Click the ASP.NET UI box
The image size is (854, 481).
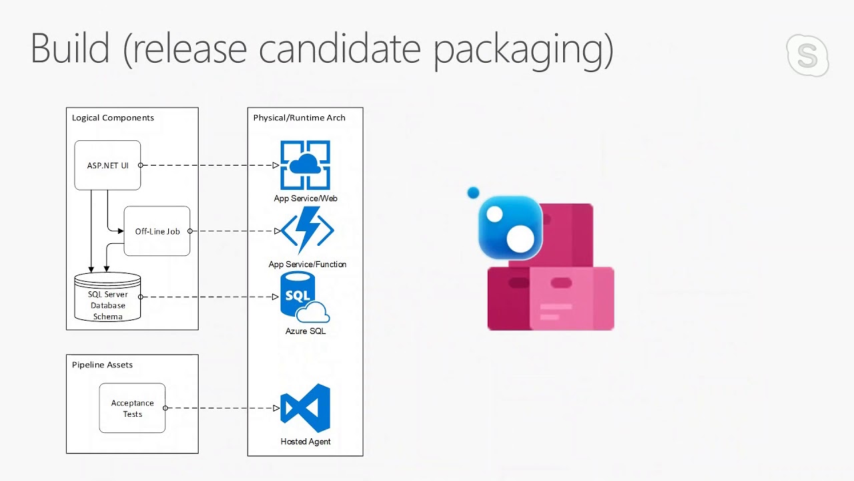point(107,165)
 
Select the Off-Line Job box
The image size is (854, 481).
point(157,231)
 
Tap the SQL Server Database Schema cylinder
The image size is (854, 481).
point(107,298)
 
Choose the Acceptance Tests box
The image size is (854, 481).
point(132,408)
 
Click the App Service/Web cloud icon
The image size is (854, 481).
point(305,165)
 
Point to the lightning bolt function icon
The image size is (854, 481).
point(308,230)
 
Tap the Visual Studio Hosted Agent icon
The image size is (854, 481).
point(305,408)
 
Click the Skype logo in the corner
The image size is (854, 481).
point(807,56)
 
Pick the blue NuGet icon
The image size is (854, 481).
point(510,228)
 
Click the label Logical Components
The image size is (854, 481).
point(113,118)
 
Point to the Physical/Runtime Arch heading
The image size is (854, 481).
point(299,118)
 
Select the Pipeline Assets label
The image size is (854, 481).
point(102,365)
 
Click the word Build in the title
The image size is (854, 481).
point(70,49)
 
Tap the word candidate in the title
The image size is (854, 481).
point(340,49)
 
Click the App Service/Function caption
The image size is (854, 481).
point(308,265)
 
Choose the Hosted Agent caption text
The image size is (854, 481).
point(306,442)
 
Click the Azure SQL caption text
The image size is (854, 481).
point(306,331)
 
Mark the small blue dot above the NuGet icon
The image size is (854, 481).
point(473,193)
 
